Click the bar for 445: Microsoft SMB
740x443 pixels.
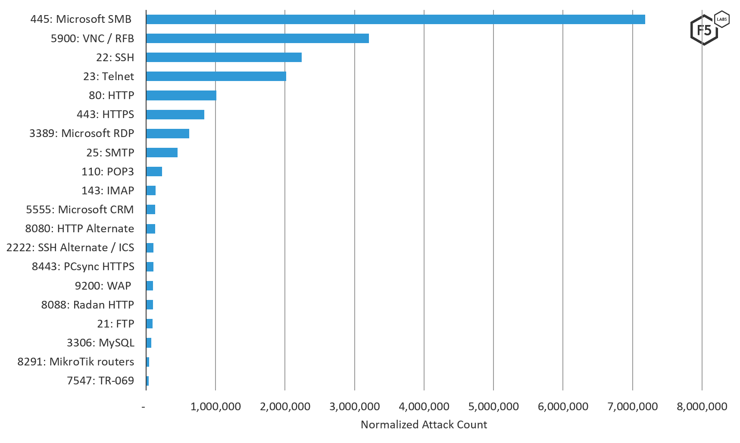[x=395, y=19]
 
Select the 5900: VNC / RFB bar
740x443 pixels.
[x=257, y=38]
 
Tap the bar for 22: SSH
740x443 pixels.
[x=224, y=57]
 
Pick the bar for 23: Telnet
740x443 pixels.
[x=216, y=76]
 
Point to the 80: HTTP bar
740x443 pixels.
[x=181, y=95]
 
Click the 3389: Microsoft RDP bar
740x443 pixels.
[x=168, y=134]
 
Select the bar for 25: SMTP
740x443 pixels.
[x=162, y=153]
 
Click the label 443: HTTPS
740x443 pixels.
[x=105, y=115]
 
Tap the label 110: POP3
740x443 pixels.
[x=107, y=172]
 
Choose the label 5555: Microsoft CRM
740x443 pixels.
[x=80, y=209]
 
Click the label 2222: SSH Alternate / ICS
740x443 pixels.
[x=70, y=248]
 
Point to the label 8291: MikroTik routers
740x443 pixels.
[x=75, y=362]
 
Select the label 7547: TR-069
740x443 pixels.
[x=100, y=381]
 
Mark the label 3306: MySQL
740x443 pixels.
[x=100, y=343]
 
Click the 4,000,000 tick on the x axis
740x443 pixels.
[x=424, y=406]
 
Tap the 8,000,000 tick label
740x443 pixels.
[x=702, y=406]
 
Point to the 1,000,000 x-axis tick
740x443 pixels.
[x=215, y=406]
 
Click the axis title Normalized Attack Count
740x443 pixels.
[x=424, y=425]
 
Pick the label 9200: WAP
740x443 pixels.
[x=103, y=286]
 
